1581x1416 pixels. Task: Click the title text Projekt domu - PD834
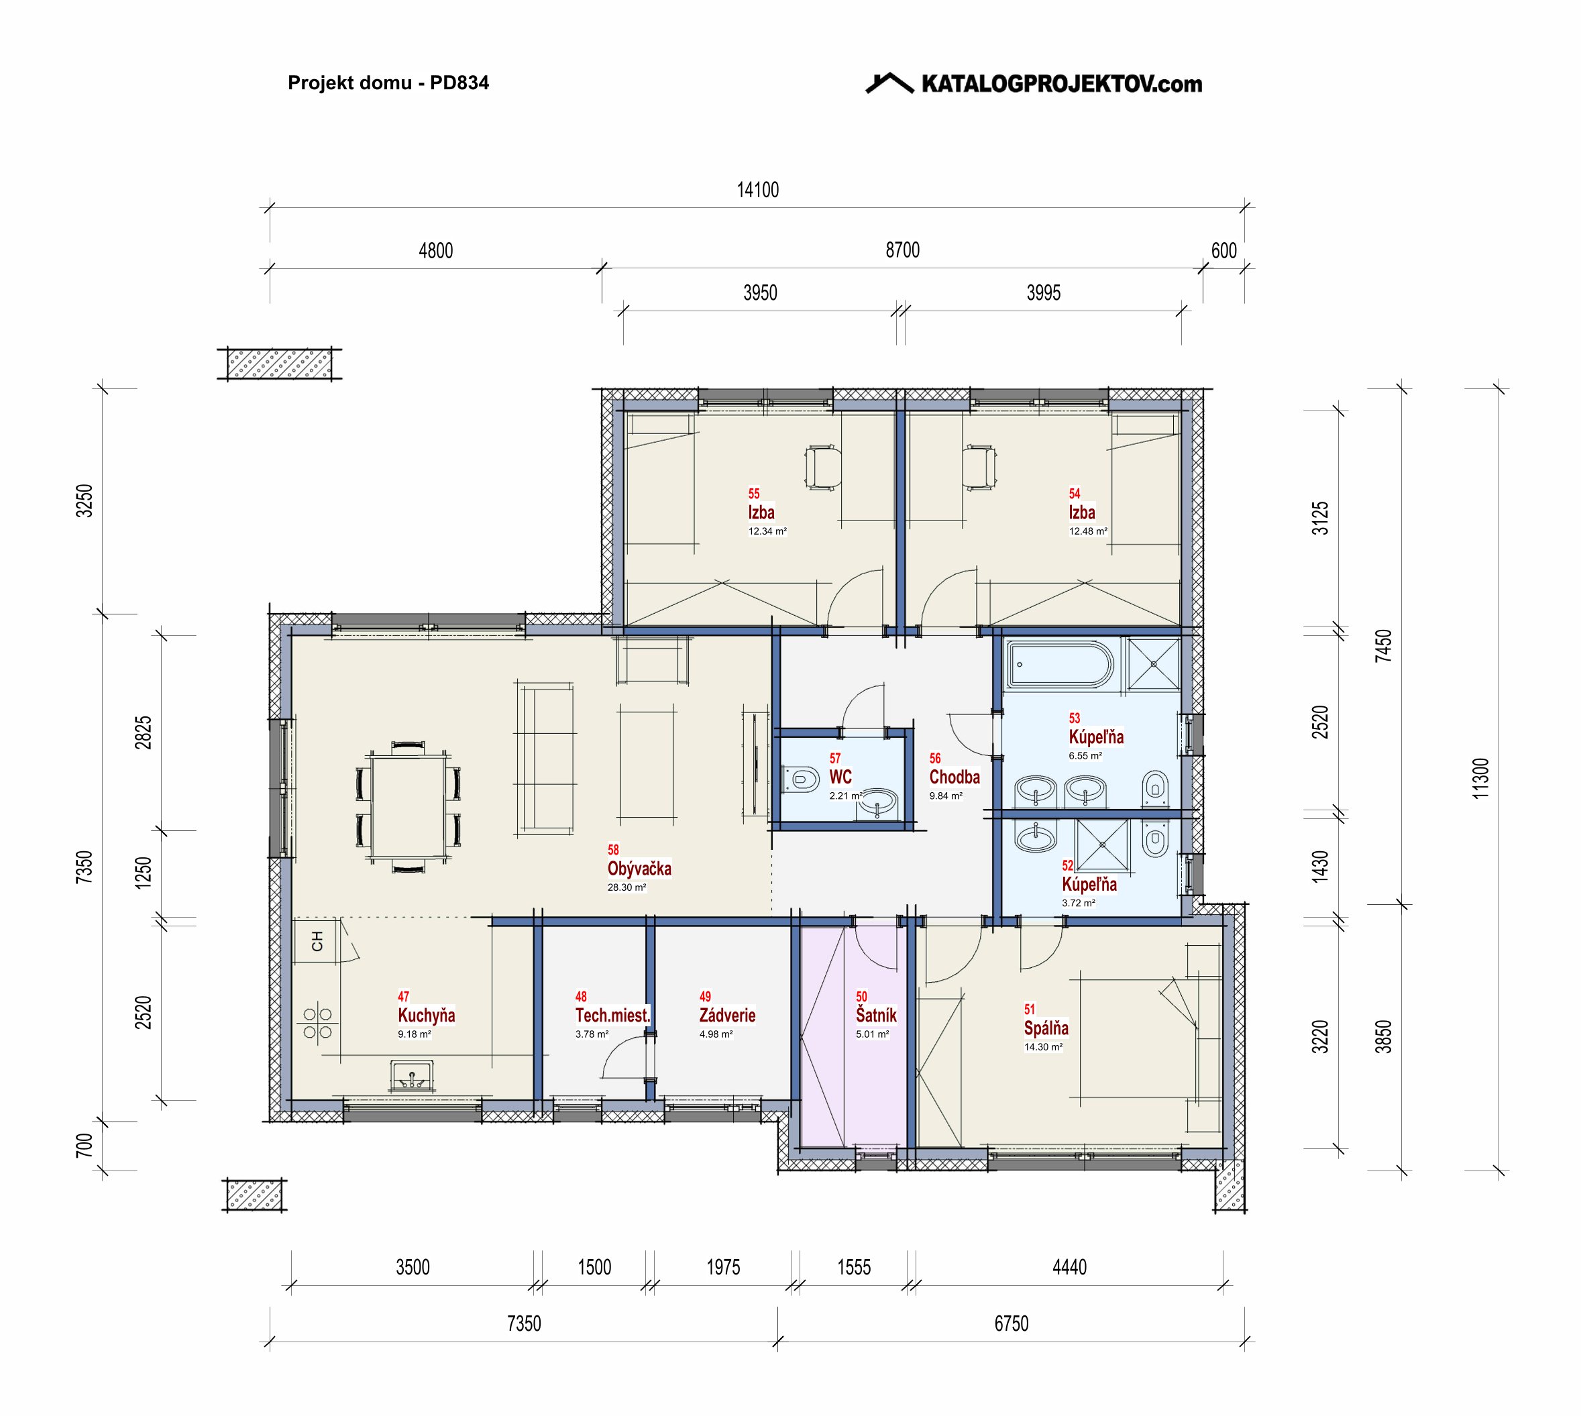tap(388, 83)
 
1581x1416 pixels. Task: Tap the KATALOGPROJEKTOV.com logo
tap(1034, 83)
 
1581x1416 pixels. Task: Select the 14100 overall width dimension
tap(758, 190)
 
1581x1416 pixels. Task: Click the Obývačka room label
tap(639, 868)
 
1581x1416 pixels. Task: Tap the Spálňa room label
tap(1046, 1028)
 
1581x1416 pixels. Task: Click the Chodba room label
tap(955, 777)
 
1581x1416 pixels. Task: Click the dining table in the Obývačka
tap(408, 806)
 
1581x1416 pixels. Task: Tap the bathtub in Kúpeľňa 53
tap(1060, 665)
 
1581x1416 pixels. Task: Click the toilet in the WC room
tap(802, 779)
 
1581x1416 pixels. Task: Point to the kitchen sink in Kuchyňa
tap(412, 1076)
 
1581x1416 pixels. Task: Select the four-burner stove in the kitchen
tap(317, 1022)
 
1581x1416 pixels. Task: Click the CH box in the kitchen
tap(316, 941)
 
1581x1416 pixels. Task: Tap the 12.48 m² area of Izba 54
tap(1088, 531)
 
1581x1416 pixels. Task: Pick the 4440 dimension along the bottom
tap(1069, 1266)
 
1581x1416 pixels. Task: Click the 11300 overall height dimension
tap(1480, 778)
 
